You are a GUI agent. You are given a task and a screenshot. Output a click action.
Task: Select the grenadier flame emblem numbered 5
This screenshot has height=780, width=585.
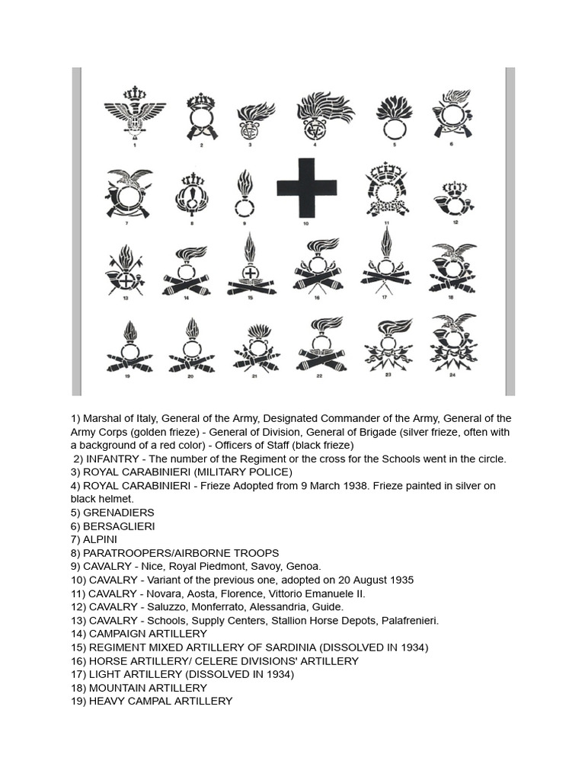394,115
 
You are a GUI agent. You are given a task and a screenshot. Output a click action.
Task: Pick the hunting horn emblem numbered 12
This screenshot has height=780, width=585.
455,199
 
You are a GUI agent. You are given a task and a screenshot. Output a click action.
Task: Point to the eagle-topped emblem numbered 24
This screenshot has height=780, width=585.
453,340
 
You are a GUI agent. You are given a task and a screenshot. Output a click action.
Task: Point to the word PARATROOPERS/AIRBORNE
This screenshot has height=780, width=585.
156,553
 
